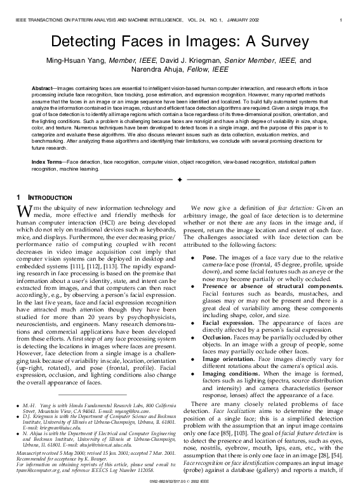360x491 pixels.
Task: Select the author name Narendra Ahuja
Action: point(157,69)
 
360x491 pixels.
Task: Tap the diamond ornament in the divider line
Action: point(180,181)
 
